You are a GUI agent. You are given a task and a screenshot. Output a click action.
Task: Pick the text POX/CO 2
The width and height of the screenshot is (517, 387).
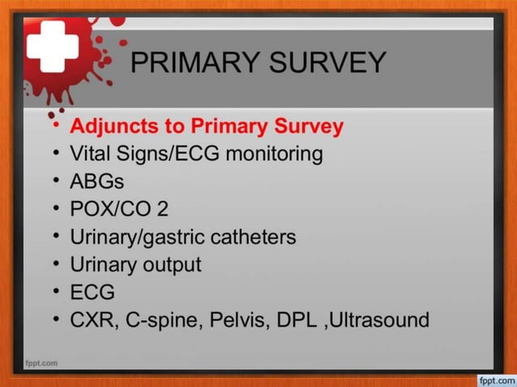(x=120, y=209)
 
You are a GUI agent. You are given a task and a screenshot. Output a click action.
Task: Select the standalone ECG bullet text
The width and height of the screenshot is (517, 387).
(x=93, y=291)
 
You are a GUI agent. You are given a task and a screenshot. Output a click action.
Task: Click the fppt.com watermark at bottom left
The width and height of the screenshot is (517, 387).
(x=41, y=363)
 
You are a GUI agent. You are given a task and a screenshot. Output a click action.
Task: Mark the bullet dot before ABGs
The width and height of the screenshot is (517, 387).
(x=55, y=181)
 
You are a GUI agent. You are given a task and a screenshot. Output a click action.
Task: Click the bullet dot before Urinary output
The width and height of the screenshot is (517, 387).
(x=55, y=265)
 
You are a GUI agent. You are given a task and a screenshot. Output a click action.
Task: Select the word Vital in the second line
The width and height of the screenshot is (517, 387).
(x=92, y=154)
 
